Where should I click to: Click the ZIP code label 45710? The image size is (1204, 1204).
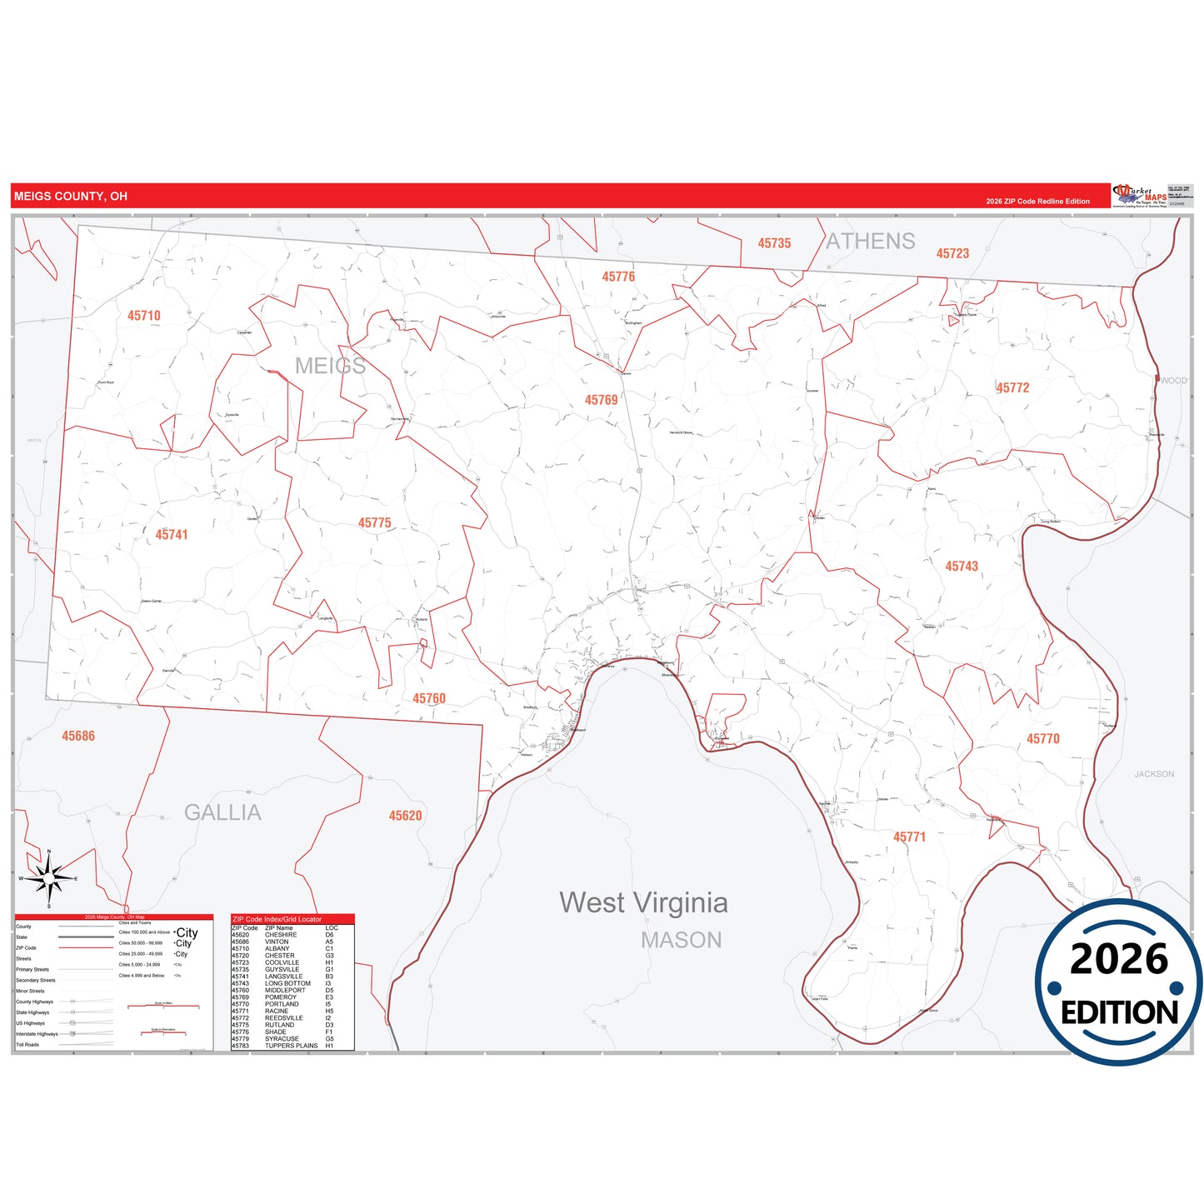[144, 316]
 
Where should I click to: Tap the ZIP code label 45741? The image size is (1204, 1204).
[172, 535]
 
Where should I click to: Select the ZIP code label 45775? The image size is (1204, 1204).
[375, 523]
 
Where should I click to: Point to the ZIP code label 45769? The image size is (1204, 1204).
[602, 400]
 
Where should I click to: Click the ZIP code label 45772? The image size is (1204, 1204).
[1013, 388]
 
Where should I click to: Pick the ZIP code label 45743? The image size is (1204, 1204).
[962, 567]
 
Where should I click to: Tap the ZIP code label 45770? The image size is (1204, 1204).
[1043, 739]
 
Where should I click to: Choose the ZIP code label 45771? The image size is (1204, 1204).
[910, 837]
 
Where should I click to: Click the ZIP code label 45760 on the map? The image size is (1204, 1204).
[429, 699]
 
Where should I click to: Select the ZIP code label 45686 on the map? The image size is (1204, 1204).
[78, 737]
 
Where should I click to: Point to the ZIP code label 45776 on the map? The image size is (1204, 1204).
[619, 277]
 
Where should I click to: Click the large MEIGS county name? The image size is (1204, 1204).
[330, 366]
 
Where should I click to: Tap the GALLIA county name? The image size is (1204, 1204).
[222, 813]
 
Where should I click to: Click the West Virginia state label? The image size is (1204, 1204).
[643, 902]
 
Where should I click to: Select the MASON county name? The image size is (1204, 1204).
[682, 941]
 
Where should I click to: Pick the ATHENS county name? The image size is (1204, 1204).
[871, 242]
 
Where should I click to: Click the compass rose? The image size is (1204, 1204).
[49, 878]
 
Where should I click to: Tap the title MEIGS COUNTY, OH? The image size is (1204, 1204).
[71, 197]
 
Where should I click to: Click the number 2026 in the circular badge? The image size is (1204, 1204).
[1119, 960]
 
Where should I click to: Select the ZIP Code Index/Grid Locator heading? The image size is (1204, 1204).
[277, 919]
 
